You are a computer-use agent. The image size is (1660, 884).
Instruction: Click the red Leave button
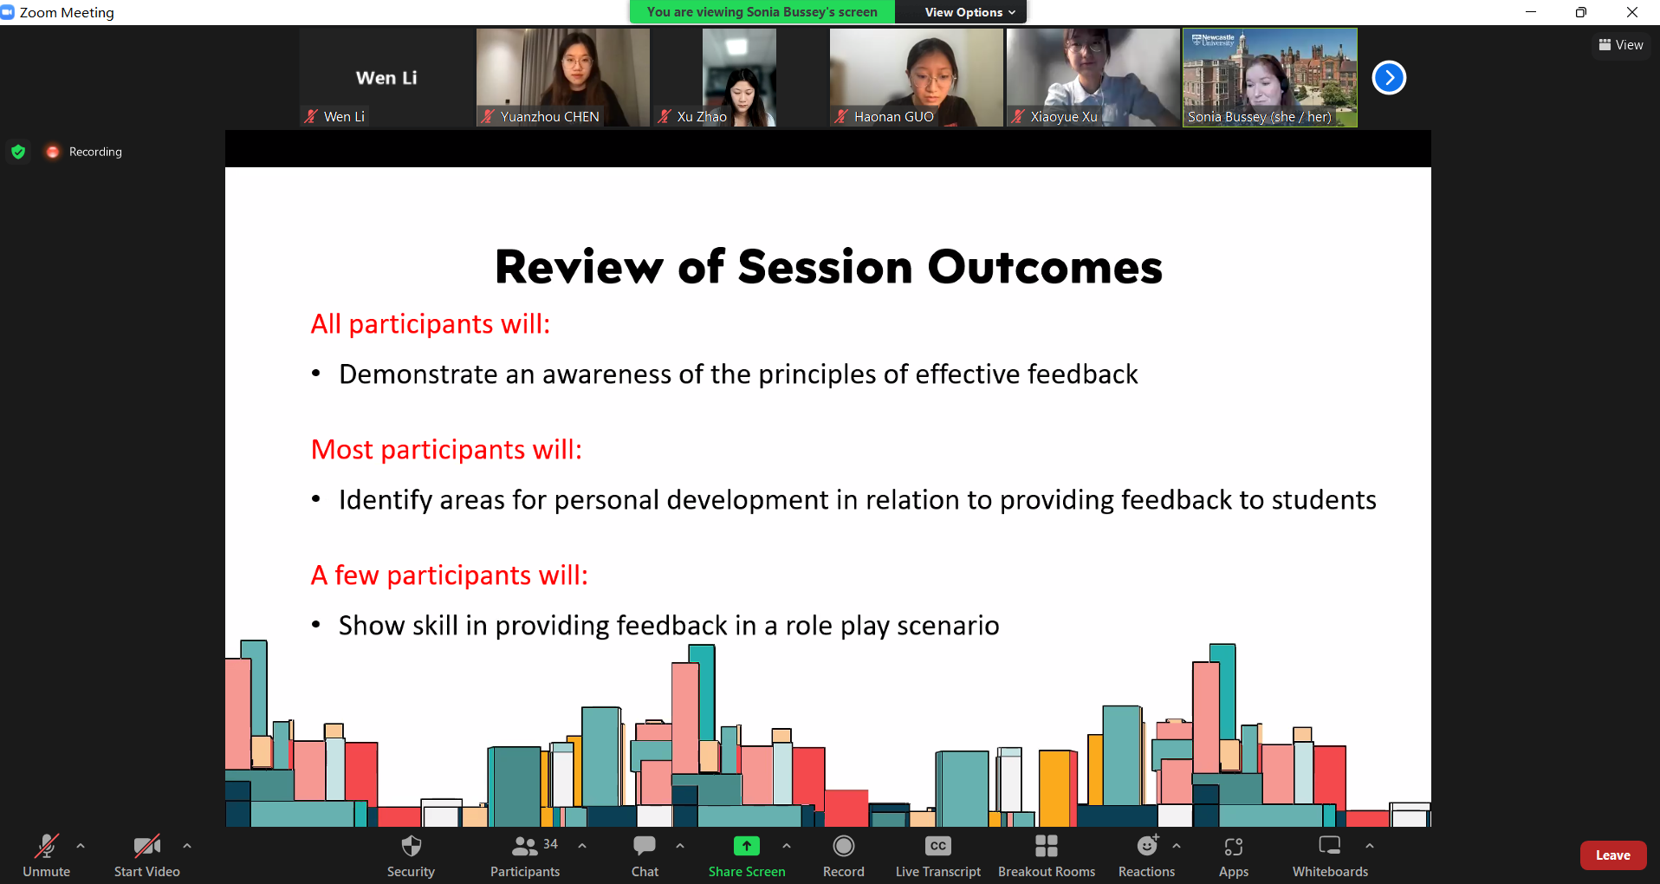[1612, 855]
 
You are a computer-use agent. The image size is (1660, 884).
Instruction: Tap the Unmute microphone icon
[47, 846]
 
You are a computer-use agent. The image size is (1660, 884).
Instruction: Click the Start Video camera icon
[147, 846]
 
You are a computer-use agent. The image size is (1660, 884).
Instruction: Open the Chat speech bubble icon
[645, 845]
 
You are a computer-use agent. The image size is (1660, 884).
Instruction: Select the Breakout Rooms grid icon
[1047, 846]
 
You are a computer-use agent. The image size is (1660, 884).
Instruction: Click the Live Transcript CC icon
[938, 846]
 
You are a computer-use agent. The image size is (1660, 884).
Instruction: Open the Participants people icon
[525, 846]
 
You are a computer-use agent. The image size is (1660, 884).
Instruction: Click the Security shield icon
[412, 846]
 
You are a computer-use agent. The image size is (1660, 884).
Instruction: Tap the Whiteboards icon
[1330, 845]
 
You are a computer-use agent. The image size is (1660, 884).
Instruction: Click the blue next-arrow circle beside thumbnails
[1389, 78]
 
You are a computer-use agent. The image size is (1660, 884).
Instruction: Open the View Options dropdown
[969, 12]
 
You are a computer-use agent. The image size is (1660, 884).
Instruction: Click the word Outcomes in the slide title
[1045, 267]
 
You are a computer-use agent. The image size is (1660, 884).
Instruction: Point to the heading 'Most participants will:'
[446, 450]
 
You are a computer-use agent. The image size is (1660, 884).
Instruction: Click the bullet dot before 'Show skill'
[316, 624]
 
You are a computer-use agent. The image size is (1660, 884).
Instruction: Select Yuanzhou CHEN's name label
[549, 116]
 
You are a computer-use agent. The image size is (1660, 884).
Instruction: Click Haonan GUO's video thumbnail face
[930, 78]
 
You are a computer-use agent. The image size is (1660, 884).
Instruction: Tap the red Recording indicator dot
[53, 152]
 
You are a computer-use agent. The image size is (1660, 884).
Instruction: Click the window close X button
[1632, 12]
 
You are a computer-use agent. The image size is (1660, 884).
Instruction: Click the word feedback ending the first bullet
[1082, 374]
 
